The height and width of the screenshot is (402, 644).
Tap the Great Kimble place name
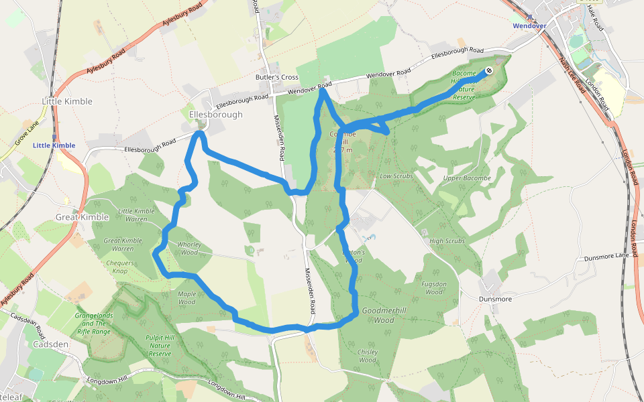click(77, 217)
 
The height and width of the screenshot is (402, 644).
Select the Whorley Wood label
click(189, 249)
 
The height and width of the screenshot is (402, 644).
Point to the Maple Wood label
click(186, 297)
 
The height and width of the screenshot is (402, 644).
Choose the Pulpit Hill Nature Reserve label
click(160, 345)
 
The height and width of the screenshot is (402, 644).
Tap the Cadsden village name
click(50, 344)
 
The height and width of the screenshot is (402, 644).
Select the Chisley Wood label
click(368, 356)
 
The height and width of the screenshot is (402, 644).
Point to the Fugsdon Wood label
click(434, 288)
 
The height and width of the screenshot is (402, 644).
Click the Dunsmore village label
click(496, 299)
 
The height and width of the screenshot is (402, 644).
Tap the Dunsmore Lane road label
click(607, 256)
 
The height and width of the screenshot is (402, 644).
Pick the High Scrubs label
click(447, 241)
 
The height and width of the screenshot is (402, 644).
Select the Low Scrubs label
click(394, 176)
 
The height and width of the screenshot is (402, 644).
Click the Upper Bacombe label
click(467, 178)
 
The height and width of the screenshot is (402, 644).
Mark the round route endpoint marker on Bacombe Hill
click(490, 70)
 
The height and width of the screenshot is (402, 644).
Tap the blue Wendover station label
click(530, 25)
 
